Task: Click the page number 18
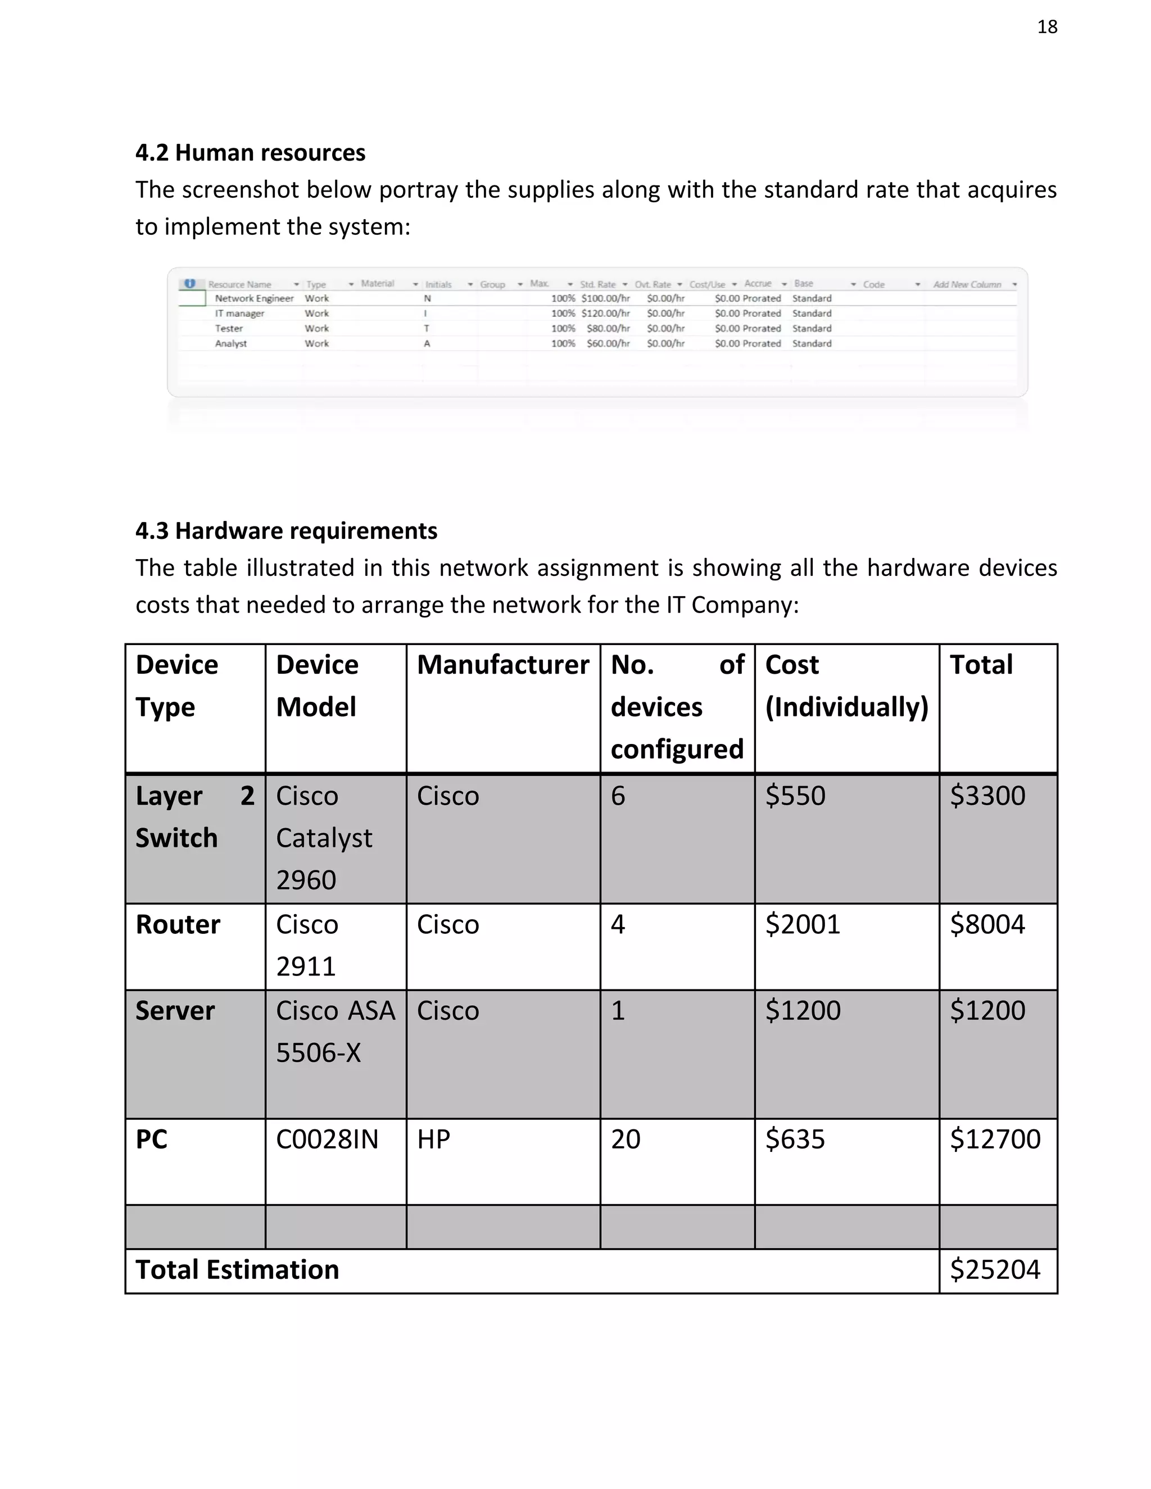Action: pos(1046,26)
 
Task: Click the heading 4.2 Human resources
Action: pos(250,153)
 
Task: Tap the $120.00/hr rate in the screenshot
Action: pos(605,314)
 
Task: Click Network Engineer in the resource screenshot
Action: pos(253,298)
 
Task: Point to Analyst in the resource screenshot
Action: pos(231,344)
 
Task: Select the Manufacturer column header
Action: pos(502,665)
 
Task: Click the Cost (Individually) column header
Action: pos(846,686)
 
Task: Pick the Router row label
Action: pos(178,924)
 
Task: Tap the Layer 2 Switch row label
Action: pos(194,817)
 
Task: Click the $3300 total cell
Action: pos(987,796)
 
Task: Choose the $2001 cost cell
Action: pos(803,924)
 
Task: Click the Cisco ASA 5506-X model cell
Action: pos(335,1032)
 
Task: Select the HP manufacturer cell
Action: pos(434,1140)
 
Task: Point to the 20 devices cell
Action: pos(626,1140)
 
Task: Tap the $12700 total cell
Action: pos(995,1140)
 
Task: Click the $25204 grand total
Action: pos(995,1269)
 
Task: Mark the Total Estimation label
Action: pos(237,1269)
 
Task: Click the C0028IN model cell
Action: pos(327,1140)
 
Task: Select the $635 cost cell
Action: pos(795,1140)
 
